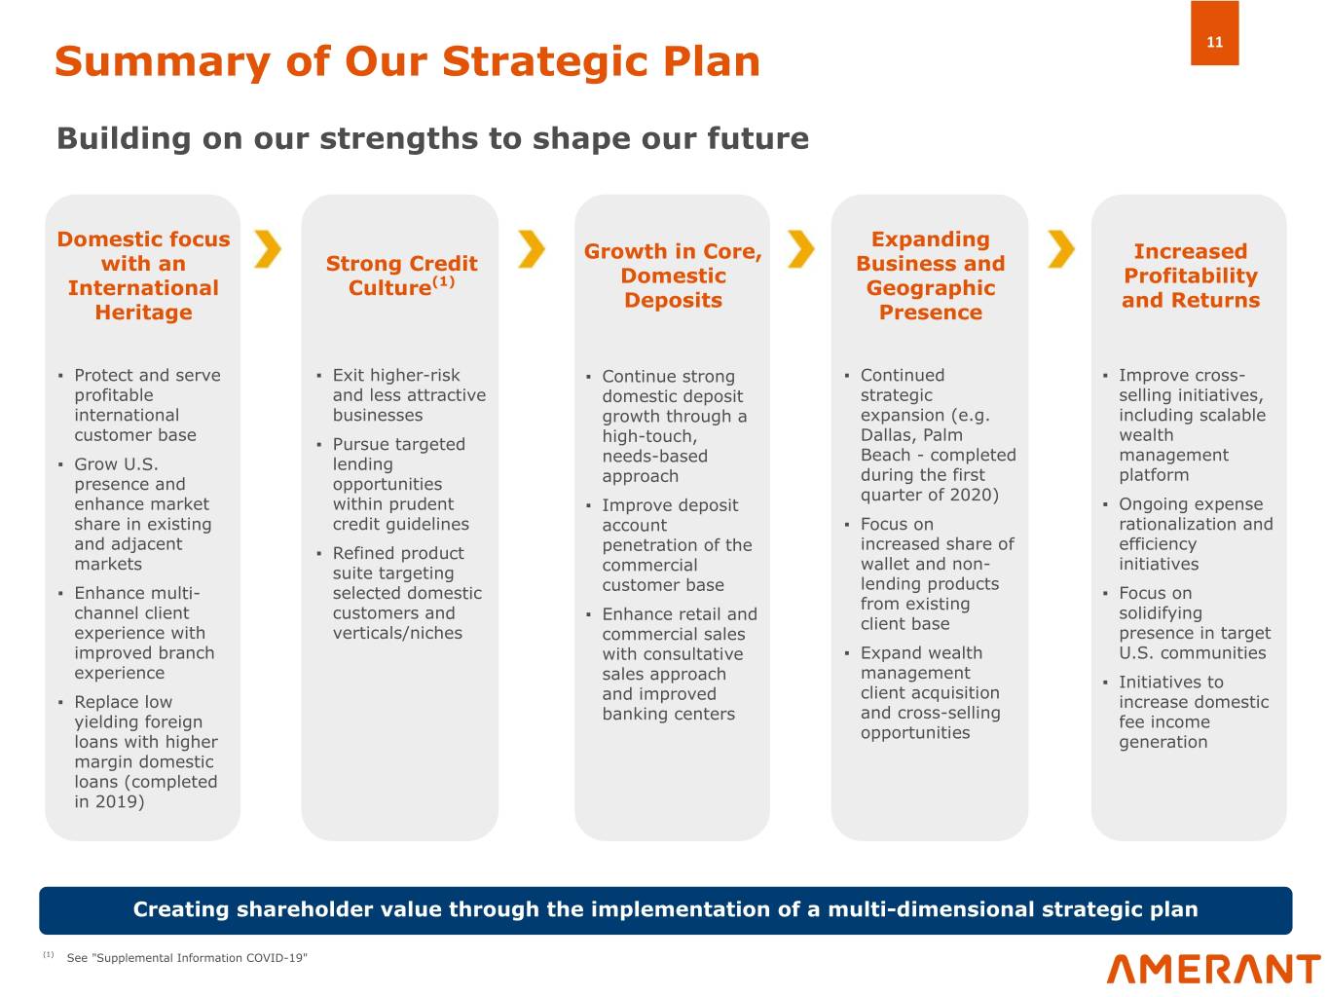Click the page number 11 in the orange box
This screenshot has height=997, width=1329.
(1214, 42)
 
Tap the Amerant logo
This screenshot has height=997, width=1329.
(1213, 969)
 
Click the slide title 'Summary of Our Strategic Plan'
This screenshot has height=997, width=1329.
(407, 61)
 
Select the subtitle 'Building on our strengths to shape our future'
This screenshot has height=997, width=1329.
(432, 138)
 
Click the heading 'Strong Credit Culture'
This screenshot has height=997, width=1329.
(401, 276)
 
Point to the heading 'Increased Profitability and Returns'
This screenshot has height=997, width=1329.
(1191, 276)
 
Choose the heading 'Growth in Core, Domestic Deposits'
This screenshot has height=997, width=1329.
(673, 276)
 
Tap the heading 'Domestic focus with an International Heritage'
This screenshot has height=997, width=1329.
(143, 276)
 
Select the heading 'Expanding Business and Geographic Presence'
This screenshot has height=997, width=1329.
(930, 276)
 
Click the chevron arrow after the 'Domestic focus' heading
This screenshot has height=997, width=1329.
(268, 249)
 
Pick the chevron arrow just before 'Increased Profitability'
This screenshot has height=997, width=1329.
(1061, 249)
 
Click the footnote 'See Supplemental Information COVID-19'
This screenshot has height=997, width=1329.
(187, 958)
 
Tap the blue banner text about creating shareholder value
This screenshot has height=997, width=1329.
(665, 909)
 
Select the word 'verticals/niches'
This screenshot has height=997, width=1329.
(397, 633)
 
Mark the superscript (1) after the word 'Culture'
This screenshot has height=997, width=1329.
(443, 282)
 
